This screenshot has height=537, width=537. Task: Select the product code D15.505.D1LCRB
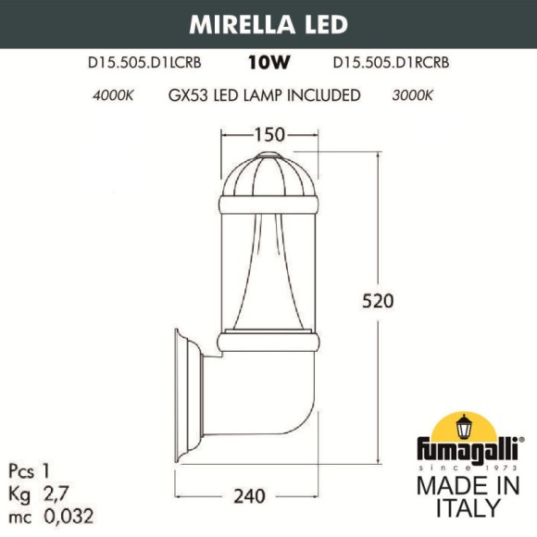pyautogui.click(x=145, y=64)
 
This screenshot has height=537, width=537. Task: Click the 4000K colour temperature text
pyautogui.click(x=113, y=95)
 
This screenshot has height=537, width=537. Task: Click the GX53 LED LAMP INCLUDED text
pyautogui.click(x=264, y=95)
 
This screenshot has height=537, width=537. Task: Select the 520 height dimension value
pyautogui.click(x=377, y=301)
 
